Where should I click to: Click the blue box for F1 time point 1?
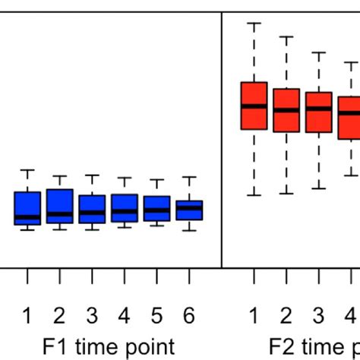27,207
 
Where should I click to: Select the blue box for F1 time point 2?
59,206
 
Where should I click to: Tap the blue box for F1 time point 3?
92,209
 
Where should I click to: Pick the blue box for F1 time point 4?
124,208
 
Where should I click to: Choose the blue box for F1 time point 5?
156,209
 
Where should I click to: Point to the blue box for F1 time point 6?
189,210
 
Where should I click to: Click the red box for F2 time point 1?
254,106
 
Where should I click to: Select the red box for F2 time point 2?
286,110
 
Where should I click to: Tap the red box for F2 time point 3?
319,112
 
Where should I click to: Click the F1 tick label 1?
27,315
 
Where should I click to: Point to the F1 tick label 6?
189,315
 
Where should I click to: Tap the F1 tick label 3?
92,315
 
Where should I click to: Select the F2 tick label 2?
286,315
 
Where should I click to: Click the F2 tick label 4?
351,315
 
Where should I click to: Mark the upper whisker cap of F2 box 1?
254,24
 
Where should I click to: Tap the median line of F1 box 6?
189,207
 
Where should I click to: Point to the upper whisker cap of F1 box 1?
27,170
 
